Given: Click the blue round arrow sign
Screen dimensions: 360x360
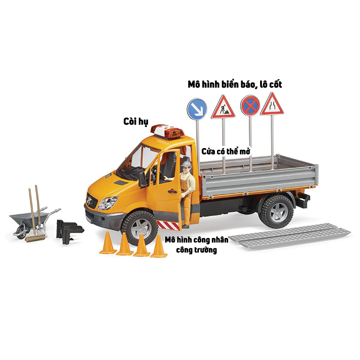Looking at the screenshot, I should coord(197,108).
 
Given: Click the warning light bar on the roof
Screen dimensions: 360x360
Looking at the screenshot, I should coord(167,131).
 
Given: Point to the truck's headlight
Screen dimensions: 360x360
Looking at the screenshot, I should coord(108,203).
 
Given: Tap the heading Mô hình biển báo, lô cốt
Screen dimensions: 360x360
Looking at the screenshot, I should coord(234,84).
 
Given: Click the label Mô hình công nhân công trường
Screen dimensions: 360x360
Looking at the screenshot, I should coord(197,244).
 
